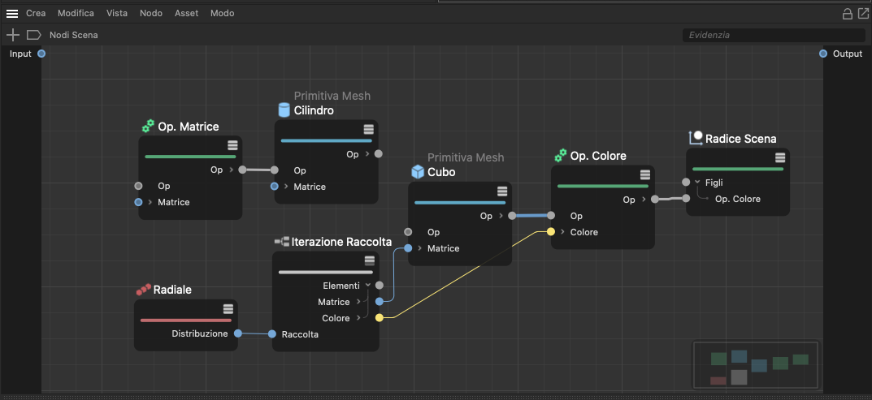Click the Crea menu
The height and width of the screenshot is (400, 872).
coord(36,13)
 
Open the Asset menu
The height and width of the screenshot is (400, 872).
coord(186,13)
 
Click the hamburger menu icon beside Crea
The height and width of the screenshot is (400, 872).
coord(12,13)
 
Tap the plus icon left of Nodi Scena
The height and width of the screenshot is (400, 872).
coord(12,35)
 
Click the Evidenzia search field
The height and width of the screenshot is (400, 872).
coord(774,35)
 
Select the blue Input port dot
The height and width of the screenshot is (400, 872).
coord(41,54)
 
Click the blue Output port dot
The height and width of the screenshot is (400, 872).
coord(823,54)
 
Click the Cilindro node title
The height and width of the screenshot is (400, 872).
coord(314,110)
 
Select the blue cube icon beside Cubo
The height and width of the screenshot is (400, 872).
coord(418,172)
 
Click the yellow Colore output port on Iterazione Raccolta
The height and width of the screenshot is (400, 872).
coord(380,318)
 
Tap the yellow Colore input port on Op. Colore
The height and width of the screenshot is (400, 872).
coord(550,232)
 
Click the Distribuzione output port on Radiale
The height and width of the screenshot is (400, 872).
coord(238,333)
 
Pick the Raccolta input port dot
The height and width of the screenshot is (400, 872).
coord(272,334)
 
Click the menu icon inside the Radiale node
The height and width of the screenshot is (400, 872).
coord(228,309)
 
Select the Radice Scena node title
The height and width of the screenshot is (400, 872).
coord(741,138)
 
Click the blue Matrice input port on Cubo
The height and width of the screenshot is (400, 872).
coord(408,248)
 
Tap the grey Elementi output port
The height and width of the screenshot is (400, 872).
coord(380,286)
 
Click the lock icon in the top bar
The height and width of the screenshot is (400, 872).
coord(848,14)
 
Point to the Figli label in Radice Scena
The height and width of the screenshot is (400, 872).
coord(714,183)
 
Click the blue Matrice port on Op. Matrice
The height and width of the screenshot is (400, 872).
coord(138,202)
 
